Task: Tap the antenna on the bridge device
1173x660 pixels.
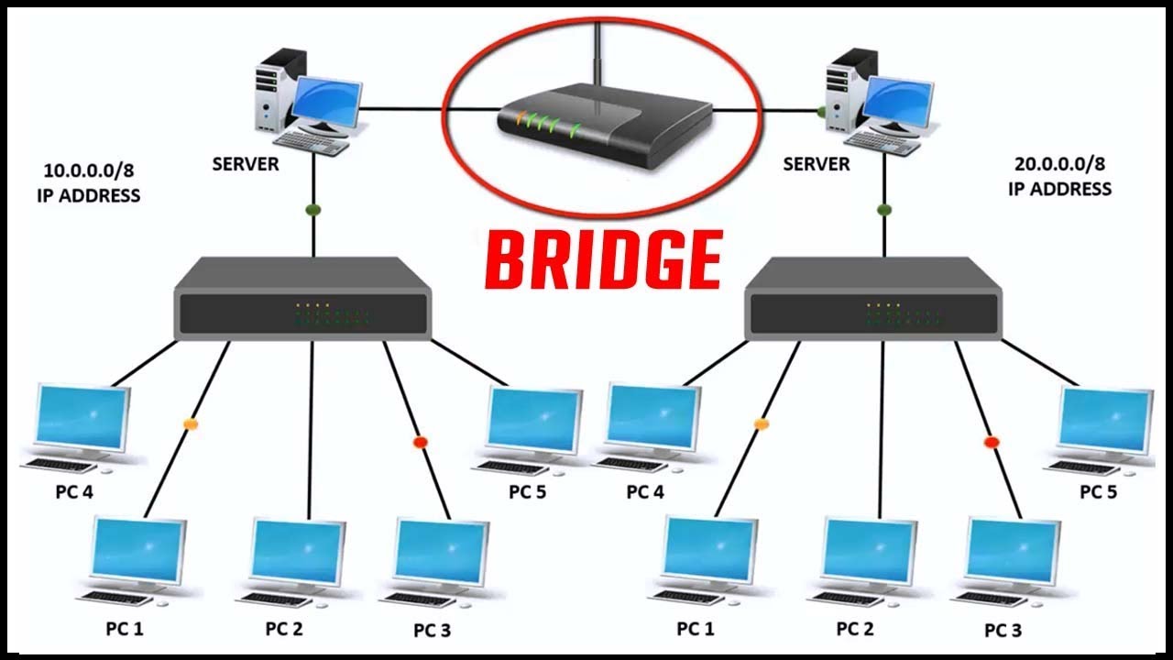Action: [x=597, y=55]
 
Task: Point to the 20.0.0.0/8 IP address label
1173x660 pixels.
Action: [x=1059, y=176]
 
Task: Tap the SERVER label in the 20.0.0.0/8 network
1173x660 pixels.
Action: [x=817, y=165]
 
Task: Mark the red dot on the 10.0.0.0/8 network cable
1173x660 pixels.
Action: [x=421, y=442]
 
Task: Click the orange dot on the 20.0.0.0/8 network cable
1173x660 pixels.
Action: [x=761, y=424]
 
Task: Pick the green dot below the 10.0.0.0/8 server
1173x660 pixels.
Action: [x=312, y=210]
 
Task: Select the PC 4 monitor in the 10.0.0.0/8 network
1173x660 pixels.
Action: [x=81, y=418]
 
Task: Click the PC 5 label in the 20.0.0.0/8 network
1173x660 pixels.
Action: [x=1098, y=492]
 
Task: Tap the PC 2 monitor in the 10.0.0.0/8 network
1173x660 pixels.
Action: [x=299, y=553]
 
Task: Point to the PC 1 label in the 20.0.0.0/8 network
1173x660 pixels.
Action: [x=696, y=629]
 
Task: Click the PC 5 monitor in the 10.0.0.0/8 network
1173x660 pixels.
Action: [x=533, y=420]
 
